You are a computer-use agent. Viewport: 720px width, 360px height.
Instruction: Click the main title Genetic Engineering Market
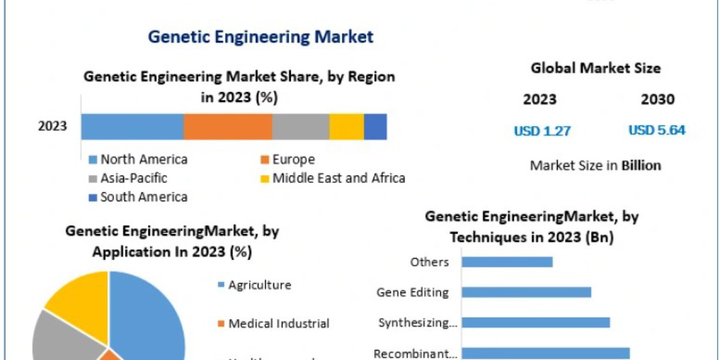tap(260, 37)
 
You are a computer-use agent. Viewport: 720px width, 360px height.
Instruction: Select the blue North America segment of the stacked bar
tap(132, 127)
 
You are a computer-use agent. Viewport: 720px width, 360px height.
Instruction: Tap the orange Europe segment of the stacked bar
tap(227, 127)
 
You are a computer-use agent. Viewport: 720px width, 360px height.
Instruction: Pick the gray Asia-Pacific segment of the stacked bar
tap(301, 127)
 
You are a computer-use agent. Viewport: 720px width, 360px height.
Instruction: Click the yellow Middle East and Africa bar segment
tap(346, 127)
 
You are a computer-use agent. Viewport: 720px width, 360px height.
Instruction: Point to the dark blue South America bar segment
tap(375, 127)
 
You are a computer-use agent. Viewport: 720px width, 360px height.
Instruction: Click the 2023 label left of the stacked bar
tap(53, 127)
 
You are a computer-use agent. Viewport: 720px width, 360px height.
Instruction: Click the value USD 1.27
tap(542, 130)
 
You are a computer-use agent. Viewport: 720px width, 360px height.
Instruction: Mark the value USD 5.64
tap(657, 130)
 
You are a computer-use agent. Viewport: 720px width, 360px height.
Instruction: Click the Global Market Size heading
tap(595, 68)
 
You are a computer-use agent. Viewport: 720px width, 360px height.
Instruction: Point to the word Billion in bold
tap(641, 166)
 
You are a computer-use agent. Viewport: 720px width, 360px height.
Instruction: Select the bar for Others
tap(507, 262)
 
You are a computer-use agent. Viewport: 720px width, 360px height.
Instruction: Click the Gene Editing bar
tap(526, 292)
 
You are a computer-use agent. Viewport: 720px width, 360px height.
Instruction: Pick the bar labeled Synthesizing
tap(536, 323)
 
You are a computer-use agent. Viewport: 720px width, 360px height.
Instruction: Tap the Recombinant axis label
tap(415, 354)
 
